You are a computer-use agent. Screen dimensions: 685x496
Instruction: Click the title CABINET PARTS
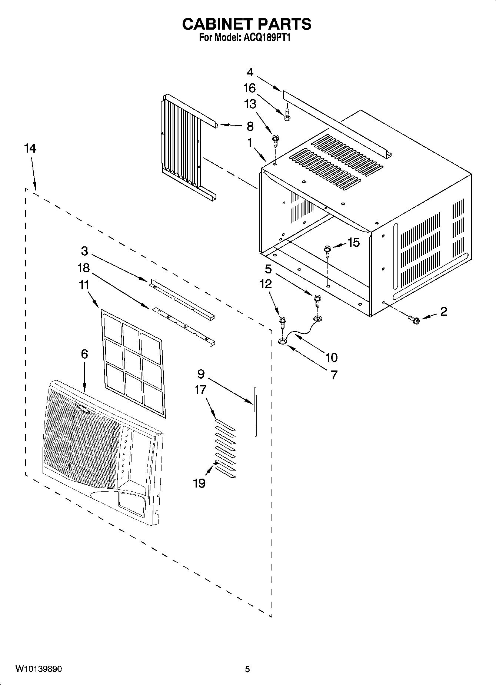coord(247,24)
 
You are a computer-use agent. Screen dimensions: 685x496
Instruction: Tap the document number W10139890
coord(39,669)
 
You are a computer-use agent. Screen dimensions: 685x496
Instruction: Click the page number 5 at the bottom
coord(247,669)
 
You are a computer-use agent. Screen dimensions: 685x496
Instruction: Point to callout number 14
coord(30,149)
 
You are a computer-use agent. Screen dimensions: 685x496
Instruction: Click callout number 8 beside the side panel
coord(250,126)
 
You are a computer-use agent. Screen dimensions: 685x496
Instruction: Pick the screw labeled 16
coord(286,115)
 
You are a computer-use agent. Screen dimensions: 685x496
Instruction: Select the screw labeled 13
coord(275,139)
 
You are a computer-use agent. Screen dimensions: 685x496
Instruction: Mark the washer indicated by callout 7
coord(282,340)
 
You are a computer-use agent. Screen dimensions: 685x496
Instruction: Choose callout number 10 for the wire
coord(331,357)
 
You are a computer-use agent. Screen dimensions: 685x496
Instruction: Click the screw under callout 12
coord(282,320)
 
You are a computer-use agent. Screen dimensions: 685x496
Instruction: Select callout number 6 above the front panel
coord(84,354)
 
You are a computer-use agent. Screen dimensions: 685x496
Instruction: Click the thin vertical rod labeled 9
coord(255,411)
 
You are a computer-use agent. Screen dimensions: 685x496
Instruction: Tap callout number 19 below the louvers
coord(199,483)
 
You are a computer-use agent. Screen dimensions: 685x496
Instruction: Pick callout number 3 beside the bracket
coord(84,251)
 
